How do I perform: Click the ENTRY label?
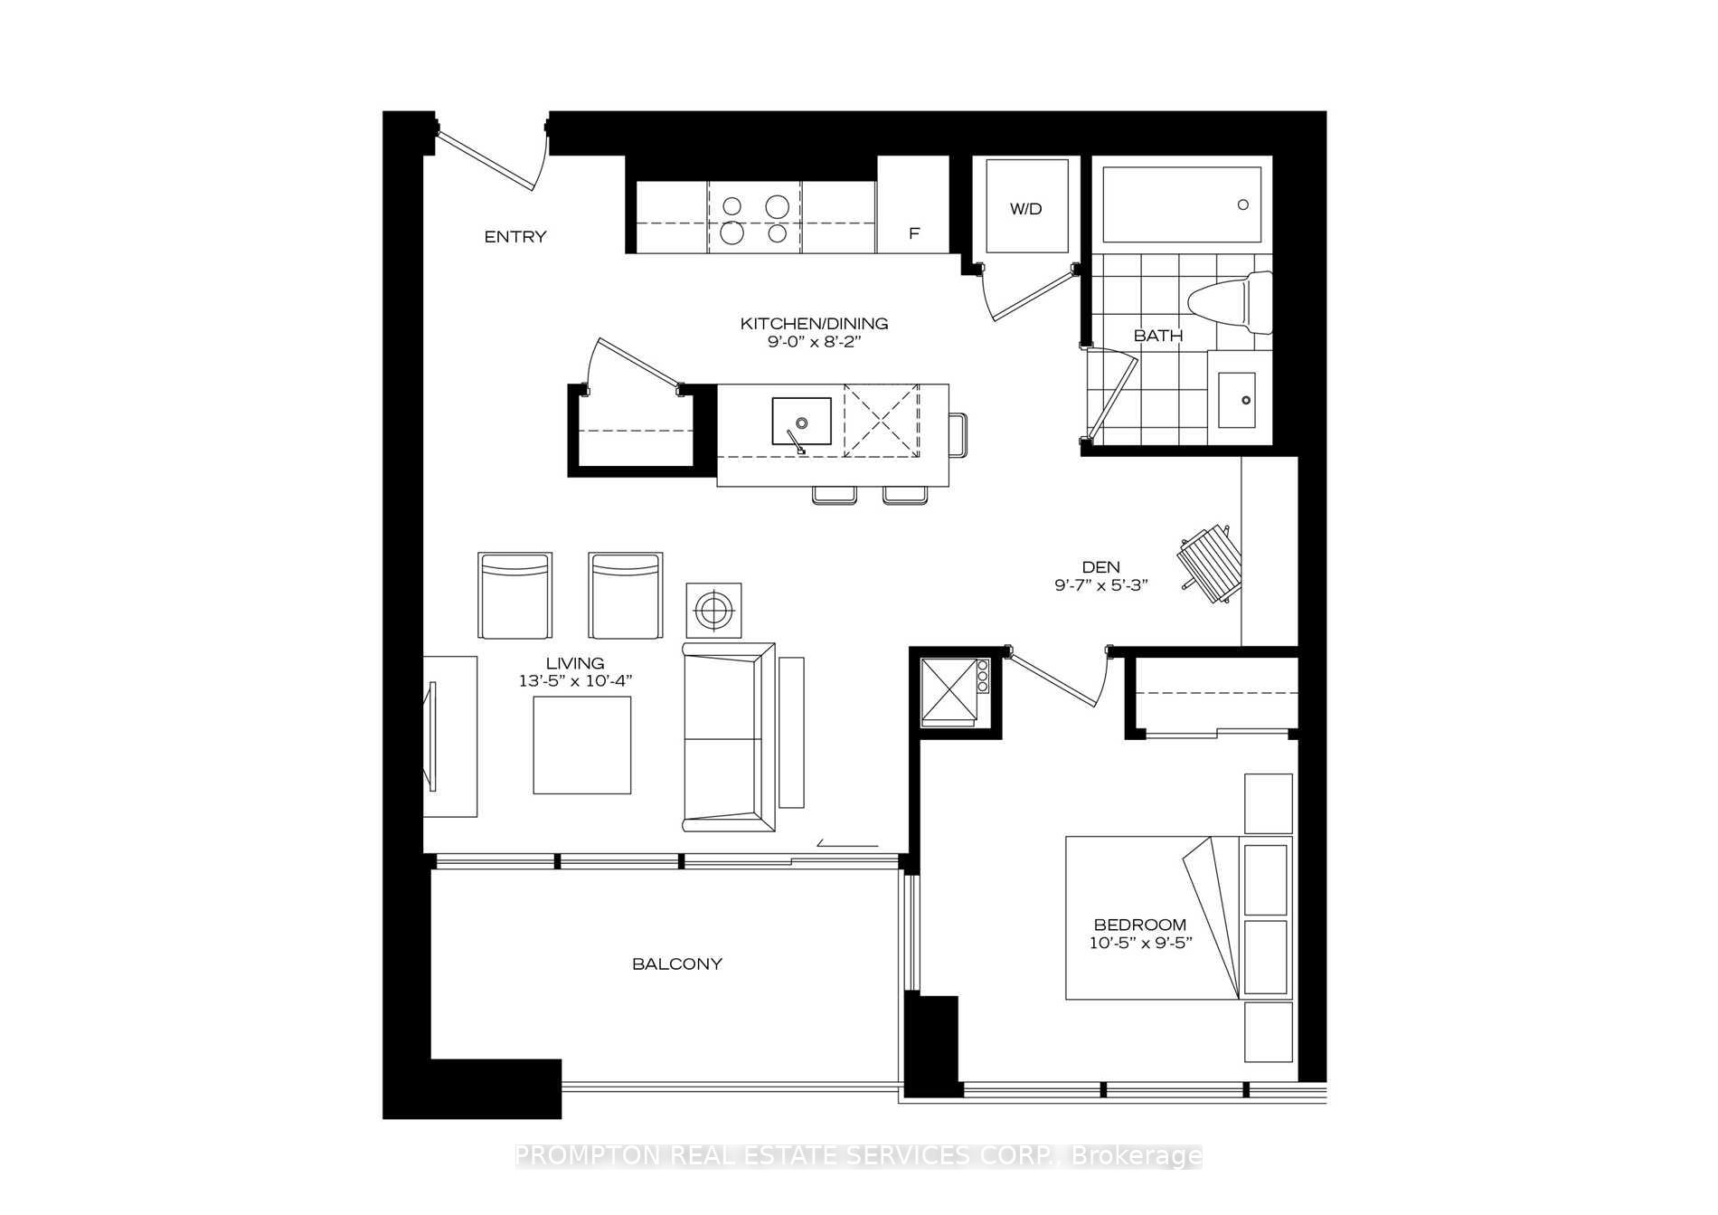[x=515, y=237]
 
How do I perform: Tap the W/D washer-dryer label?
[x=1026, y=209]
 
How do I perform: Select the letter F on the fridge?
[x=914, y=233]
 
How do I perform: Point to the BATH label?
[x=1158, y=336]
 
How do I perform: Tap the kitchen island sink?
[x=801, y=422]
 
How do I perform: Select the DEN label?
[x=1100, y=567]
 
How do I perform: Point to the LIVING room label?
[x=575, y=663]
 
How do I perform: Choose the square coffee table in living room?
[x=582, y=746]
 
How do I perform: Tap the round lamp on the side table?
[x=714, y=611]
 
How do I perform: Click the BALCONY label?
[x=677, y=964]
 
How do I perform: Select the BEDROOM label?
[x=1140, y=925]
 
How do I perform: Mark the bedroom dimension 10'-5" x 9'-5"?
[x=1141, y=943]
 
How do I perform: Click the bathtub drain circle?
[x=1243, y=205]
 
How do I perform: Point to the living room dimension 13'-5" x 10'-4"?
[x=575, y=681]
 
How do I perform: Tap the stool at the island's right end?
[x=958, y=435]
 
